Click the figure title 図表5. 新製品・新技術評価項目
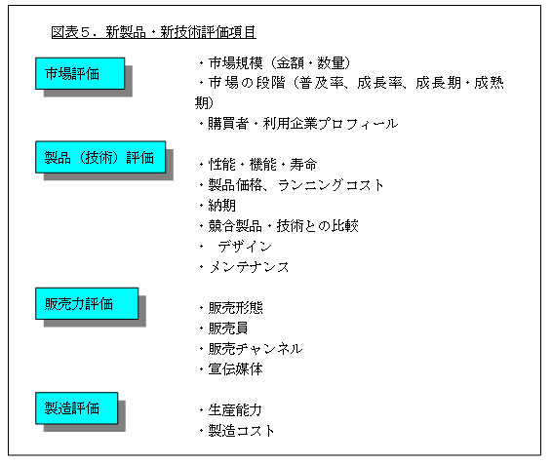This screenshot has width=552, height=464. [x=153, y=32]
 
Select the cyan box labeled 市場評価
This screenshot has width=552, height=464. [x=80, y=73]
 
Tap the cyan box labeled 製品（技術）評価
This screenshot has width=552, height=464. [x=100, y=157]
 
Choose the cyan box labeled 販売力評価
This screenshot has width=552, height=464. [x=87, y=303]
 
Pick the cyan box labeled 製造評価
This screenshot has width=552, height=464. [x=76, y=408]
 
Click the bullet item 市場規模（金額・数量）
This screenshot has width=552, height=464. [x=275, y=63]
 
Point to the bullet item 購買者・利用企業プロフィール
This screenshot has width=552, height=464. [x=298, y=124]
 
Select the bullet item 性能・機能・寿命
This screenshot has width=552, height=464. [x=258, y=165]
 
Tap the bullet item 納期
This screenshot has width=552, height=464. [x=217, y=206]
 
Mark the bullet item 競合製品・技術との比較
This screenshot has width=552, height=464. [x=279, y=226]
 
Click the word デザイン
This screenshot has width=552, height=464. [x=245, y=247]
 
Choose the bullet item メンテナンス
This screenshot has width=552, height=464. [x=244, y=267]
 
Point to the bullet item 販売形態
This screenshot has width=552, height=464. [x=231, y=308]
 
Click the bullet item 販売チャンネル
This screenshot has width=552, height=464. [x=251, y=349]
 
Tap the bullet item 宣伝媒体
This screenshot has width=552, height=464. [x=231, y=369]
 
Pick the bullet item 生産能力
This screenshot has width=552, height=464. [x=231, y=410]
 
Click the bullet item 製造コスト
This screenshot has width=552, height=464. [x=237, y=431]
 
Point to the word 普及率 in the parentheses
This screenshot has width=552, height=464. [x=322, y=83]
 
